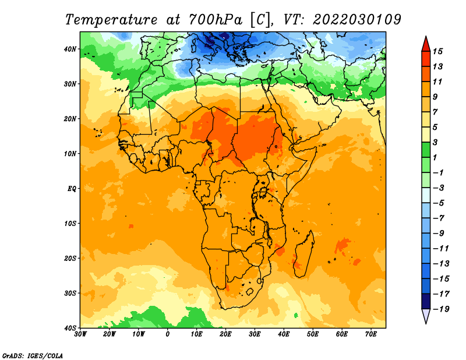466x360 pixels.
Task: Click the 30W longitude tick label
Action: [x=81, y=334]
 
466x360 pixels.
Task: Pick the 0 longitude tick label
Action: [x=168, y=334]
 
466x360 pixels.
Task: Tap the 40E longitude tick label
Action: [x=284, y=334]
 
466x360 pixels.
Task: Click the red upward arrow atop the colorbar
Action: [x=426, y=43]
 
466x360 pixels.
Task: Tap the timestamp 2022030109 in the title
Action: [x=356, y=19]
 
